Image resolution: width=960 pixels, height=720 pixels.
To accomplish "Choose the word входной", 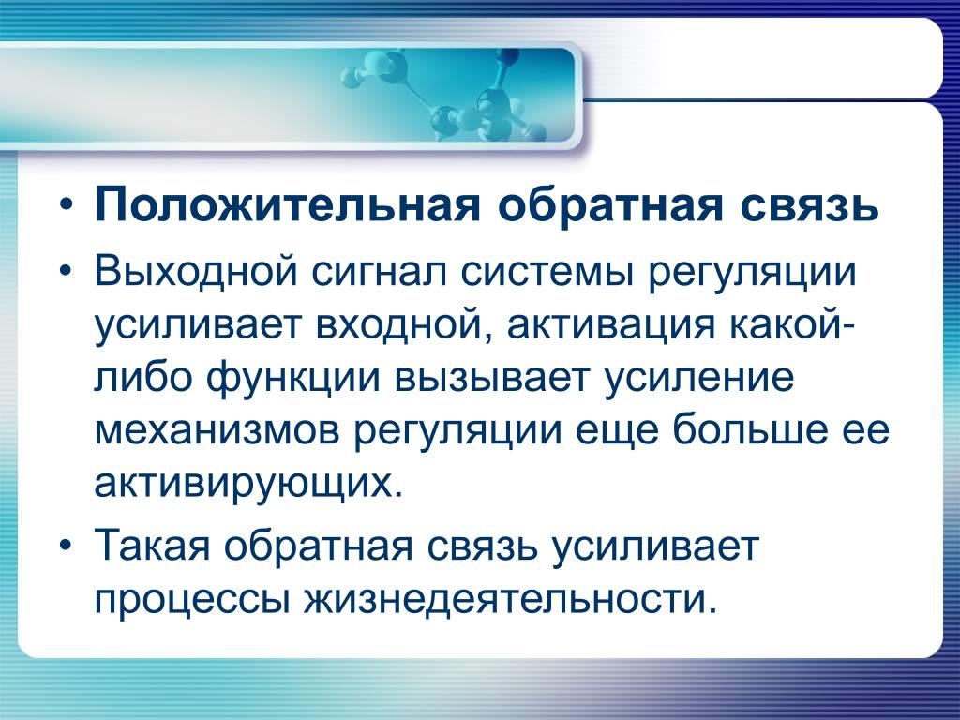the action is (x=404, y=325).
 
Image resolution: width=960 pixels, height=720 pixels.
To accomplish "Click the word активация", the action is (x=610, y=325).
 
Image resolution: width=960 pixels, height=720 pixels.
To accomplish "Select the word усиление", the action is (x=699, y=380).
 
